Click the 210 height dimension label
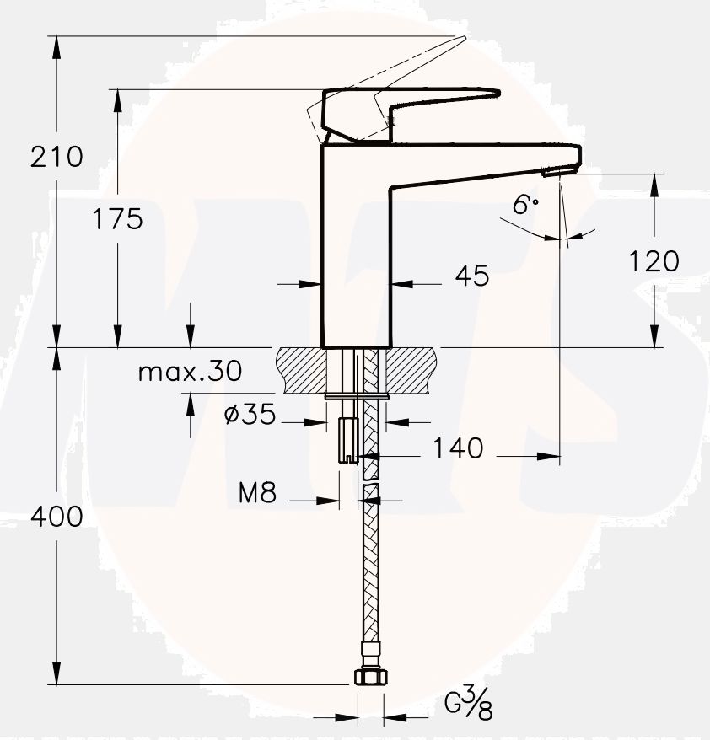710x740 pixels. (56, 156)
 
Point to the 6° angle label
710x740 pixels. (524, 204)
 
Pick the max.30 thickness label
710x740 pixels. (190, 371)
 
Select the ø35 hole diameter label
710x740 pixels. (250, 415)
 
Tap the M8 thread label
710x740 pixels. (257, 492)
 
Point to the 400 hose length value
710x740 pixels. (56, 516)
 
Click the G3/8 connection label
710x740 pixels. (469, 703)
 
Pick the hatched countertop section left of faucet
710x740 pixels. (299, 368)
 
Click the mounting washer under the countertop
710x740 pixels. (357, 394)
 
